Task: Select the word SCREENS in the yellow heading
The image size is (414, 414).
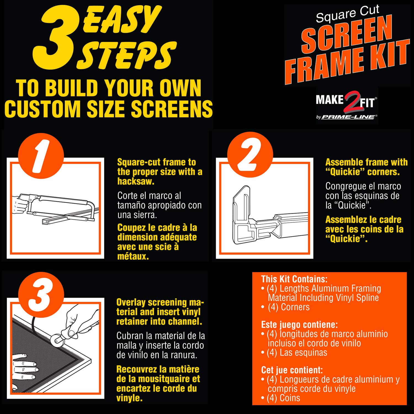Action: (172, 109)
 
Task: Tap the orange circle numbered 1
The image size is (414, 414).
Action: (41, 156)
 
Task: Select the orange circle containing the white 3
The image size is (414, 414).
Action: (41, 295)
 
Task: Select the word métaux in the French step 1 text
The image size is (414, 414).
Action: (133, 256)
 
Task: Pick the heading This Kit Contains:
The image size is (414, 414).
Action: (294, 279)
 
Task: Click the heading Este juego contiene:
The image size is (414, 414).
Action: (299, 325)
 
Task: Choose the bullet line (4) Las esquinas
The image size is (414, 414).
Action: (294, 352)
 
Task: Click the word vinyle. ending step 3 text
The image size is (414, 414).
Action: (129, 398)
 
